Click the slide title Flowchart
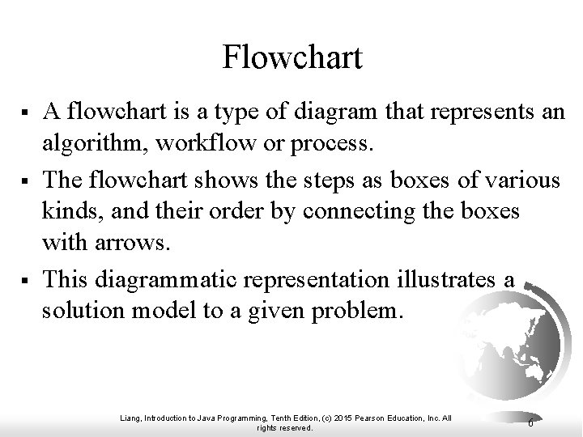[x=291, y=57]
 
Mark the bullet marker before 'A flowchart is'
[x=28, y=112]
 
